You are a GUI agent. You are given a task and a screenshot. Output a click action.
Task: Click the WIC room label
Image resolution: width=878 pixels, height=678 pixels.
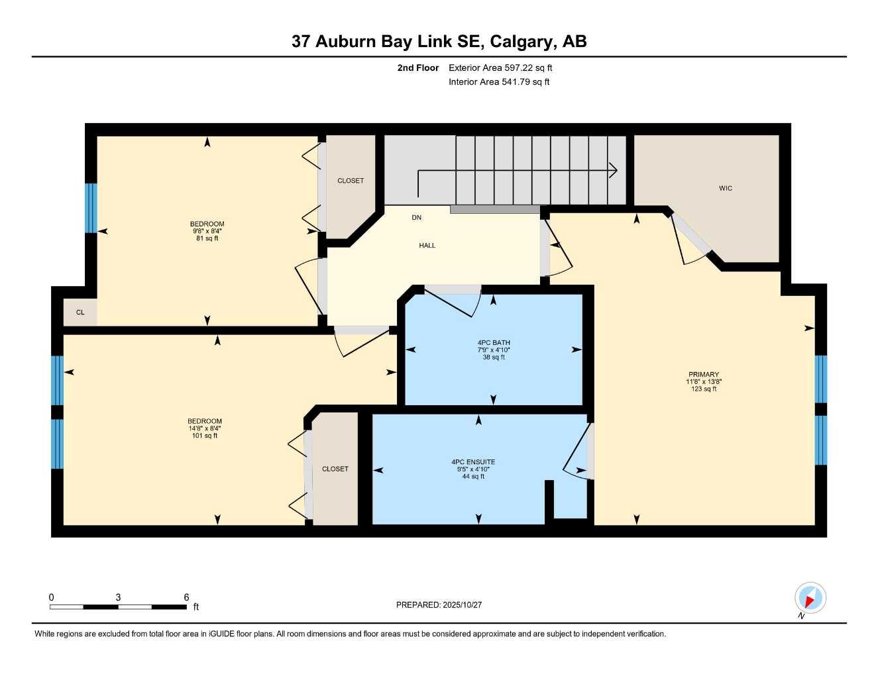pyautogui.click(x=726, y=189)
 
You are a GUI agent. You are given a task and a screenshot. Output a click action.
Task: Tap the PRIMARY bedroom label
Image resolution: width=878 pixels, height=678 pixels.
pyautogui.click(x=703, y=375)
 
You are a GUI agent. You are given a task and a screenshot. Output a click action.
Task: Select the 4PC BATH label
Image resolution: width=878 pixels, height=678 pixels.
pyautogui.click(x=494, y=343)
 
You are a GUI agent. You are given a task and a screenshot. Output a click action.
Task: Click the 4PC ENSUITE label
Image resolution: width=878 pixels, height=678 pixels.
pyautogui.click(x=473, y=462)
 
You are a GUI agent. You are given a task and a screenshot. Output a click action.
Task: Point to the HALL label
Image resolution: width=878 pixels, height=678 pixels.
pyautogui.click(x=427, y=246)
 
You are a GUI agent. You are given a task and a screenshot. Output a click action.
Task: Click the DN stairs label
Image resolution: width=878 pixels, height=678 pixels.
pyautogui.click(x=416, y=218)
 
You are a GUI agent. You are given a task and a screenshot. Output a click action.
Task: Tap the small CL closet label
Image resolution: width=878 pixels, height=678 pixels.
pyautogui.click(x=80, y=313)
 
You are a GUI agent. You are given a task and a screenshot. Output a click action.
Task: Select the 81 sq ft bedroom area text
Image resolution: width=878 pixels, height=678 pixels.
pyautogui.click(x=207, y=238)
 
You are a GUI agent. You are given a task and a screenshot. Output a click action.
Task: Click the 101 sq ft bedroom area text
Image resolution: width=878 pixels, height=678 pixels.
pyautogui.click(x=205, y=436)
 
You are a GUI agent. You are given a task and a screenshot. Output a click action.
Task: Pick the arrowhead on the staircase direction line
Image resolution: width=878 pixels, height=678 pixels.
pyautogui.click(x=614, y=171)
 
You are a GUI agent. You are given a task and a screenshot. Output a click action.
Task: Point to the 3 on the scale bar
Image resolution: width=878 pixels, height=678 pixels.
pyautogui.click(x=118, y=597)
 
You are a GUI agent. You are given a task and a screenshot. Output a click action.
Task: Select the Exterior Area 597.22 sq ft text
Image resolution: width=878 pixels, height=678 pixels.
pyautogui.click(x=500, y=68)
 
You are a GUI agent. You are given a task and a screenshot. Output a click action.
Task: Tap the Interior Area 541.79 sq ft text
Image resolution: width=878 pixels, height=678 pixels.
pyautogui.click(x=499, y=82)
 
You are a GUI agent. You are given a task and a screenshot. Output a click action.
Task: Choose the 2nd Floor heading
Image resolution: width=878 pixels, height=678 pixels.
pyautogui.click(x=418, y=68)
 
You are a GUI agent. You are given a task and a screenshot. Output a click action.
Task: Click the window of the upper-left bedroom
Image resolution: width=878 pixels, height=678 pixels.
pyautogui.click(x=91, y=208)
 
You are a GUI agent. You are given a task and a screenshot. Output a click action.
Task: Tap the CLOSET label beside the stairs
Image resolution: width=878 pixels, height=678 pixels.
pyautogui.click(x=351, y=181)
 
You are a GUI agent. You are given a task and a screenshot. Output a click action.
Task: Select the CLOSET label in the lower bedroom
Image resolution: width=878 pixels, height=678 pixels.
pyautogui.click(x=335, y=469)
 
